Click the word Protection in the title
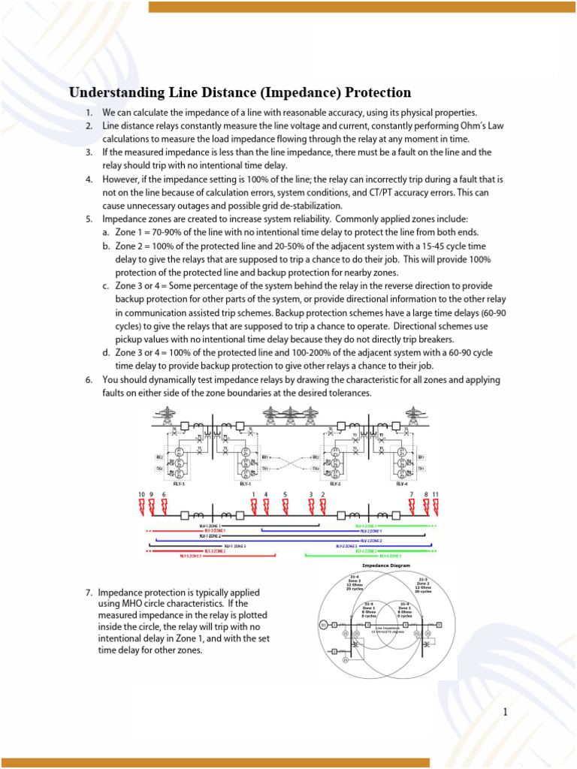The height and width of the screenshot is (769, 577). point(378,93)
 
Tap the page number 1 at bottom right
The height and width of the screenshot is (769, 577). point(506,712)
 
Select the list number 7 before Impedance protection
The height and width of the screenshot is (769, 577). point(88,593)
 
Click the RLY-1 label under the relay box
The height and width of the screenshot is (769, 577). point(246,484)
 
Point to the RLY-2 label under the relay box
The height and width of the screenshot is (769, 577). point(335,484)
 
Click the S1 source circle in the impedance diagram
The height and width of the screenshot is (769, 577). point(324,625)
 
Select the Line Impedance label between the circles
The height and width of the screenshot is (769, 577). point(388,629)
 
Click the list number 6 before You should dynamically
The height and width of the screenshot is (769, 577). point(88,380)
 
